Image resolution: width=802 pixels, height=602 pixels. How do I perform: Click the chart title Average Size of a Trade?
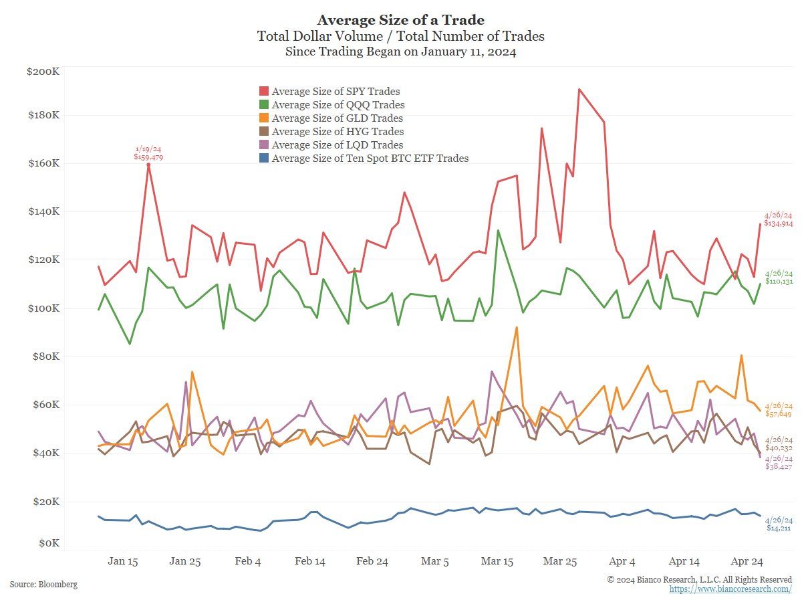click(400, 19)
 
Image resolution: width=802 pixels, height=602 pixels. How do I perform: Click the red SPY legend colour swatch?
click(264, 92)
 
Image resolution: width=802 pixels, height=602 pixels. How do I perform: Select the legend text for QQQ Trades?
click(338, 105)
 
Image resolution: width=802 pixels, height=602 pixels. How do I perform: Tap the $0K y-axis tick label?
click(48, 544)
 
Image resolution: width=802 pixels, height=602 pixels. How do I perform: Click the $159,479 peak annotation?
click(148, 157)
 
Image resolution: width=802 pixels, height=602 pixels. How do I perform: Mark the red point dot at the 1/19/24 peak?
click(148, 165)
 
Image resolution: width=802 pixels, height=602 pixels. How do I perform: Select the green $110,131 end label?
click(779, 282)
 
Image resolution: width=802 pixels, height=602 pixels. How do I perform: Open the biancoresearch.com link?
click(730, 589)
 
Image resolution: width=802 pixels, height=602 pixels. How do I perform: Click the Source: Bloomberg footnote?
click(43, 585)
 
